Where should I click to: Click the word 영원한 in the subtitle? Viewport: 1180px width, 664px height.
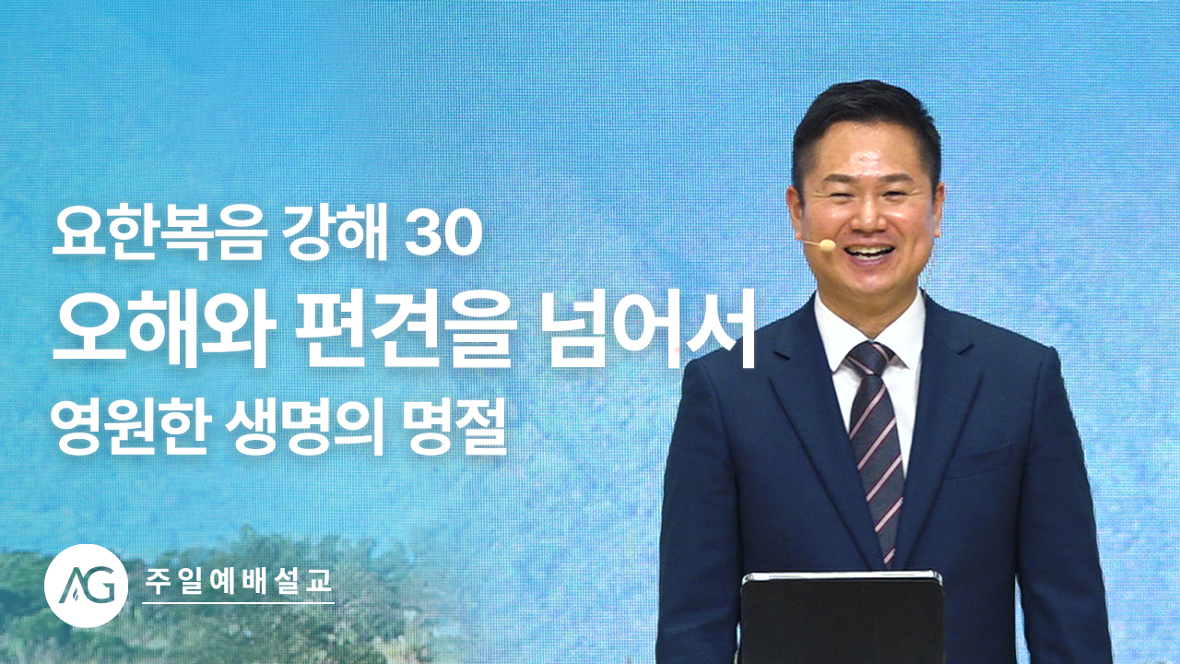coord(130,432)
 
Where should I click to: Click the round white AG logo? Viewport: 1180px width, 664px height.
coord(87,586)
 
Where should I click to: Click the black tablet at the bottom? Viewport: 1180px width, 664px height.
coord(842,618)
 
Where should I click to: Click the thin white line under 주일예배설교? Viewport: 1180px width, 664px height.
coord(238,602)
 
